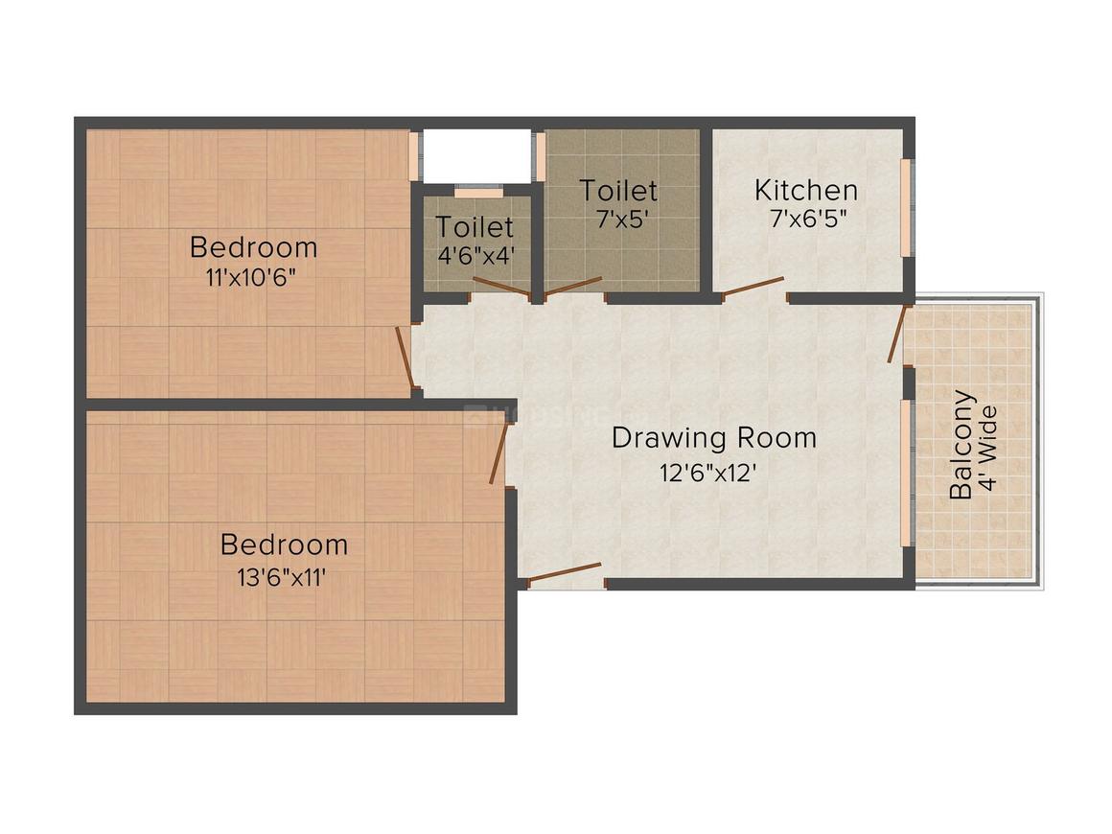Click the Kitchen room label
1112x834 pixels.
[x=805, y=189]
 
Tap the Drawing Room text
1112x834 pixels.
[x=714, y=438]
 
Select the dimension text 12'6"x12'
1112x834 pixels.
[x=714, y=472]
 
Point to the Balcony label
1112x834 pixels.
[x=961, y=444]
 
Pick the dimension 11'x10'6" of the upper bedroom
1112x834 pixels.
[x=253, y=278]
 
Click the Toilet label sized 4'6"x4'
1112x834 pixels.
[x=475, y=227]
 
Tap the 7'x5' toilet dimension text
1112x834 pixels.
[x=618, y=218]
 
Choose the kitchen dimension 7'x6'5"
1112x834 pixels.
[x=805, y=218]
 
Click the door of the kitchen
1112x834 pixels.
[x=753, y=287]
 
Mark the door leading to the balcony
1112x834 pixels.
[x=896, y=334]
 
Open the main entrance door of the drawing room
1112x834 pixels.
[x=565, y=572]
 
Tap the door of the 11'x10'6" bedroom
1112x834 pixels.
[x=405, y=358]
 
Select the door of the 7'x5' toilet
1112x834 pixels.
[x=574, y=286]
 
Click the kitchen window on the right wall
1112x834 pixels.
[x=907, y=207]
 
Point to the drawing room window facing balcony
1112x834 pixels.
[x=907, y=473]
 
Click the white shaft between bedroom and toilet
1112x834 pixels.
[x=476, y=153]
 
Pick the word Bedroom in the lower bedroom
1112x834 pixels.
[x=284, y=544]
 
